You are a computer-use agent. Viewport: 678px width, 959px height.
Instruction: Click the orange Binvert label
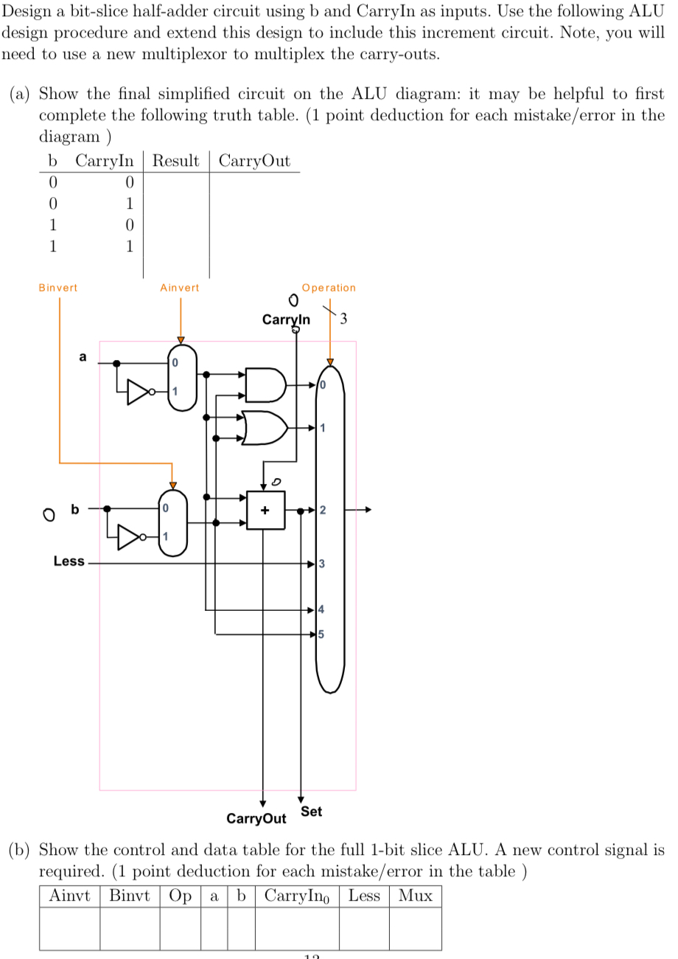pos(57,288)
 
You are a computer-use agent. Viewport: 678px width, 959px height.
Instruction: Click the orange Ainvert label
pos(180,288)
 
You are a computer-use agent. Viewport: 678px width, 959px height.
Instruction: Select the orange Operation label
pos(329,288)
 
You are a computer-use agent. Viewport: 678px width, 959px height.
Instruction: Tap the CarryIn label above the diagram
pos(286,320)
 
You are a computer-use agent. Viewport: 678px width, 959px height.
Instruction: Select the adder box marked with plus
pos(265,510)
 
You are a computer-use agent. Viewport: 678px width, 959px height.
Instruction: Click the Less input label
pos(69,561)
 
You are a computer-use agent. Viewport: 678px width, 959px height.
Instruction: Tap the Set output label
pos(311,811)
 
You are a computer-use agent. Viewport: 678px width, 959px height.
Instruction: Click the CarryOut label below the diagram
pos(256,819)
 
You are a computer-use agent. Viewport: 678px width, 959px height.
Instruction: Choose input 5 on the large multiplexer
pos(321,634)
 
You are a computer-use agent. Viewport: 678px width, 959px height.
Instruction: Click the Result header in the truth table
pos(175,161)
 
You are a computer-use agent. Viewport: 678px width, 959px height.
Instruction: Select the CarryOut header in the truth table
pos(255,161)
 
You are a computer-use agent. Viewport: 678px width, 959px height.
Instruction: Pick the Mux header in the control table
pos(415,896)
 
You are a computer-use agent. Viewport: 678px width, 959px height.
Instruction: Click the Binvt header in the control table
pos(130,896)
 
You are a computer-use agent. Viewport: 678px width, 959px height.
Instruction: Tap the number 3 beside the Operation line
pos(343,319)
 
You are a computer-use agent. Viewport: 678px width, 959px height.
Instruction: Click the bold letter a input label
pos(83,357)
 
